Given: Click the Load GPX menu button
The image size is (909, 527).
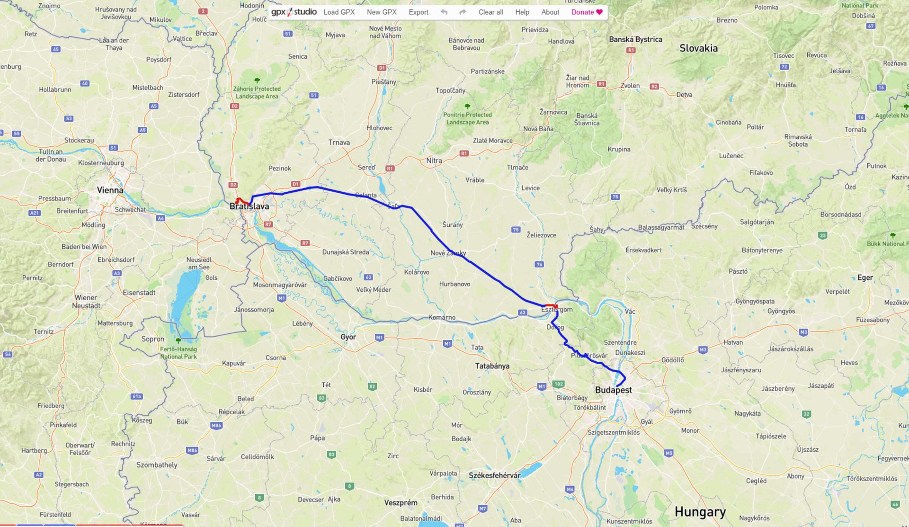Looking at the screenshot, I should [339, 12].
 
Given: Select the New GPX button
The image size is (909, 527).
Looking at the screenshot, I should [382, 12].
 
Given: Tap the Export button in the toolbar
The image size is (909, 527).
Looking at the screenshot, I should [419, 12].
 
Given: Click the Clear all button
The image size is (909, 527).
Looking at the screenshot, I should [490, 12].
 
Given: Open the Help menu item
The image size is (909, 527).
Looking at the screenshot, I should [522, 12].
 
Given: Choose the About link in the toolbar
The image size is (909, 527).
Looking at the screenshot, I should [550, 12].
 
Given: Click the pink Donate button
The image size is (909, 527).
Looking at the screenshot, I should [587, 12].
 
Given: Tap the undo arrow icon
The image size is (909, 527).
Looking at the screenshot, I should [444, 12].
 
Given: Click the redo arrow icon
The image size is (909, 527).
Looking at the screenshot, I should [463, 12].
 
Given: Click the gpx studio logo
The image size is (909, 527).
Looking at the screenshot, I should [294, 12].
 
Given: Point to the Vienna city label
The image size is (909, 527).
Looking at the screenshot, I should [110, 190].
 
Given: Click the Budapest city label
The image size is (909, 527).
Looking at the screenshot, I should [613, 390].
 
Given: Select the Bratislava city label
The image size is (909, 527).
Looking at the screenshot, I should [249, 206].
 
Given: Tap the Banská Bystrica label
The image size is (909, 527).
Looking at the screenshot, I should [635, 39].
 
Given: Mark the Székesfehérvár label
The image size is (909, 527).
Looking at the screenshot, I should [494, 475].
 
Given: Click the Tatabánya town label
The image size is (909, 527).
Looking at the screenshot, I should [492, 366].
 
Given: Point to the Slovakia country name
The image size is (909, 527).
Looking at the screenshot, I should [698, 48].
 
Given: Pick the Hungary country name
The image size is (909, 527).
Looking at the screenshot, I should [700, 512].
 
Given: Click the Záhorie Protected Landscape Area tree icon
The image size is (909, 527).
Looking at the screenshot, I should [257, 80].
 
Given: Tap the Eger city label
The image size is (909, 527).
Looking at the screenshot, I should [865, 278].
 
